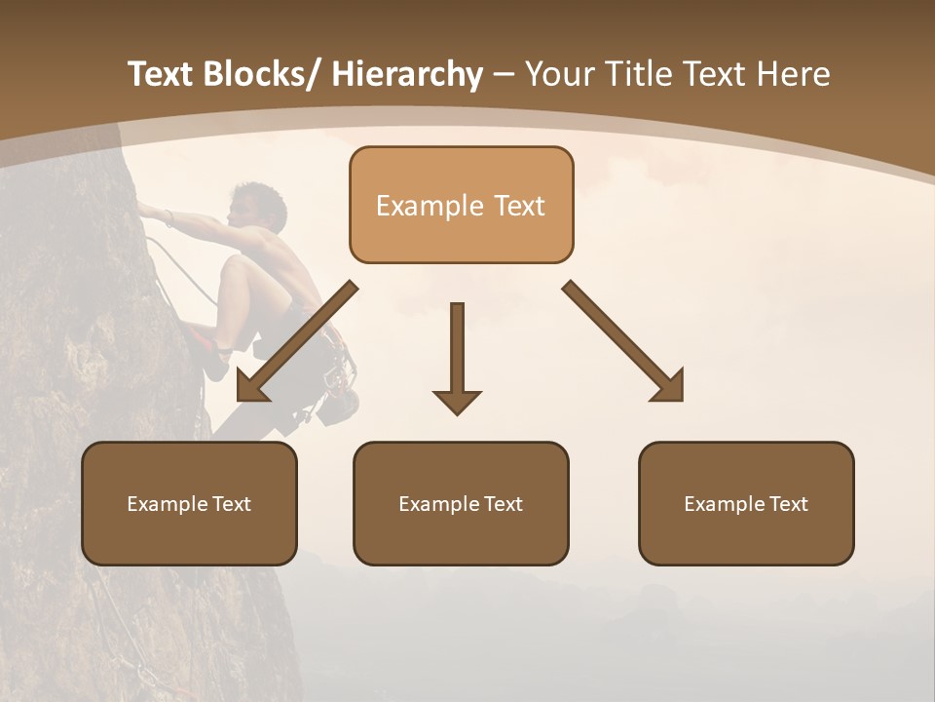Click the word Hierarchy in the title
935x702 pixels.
click(407, 74)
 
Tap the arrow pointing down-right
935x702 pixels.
click(624, 342)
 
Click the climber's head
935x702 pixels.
click(259, 205)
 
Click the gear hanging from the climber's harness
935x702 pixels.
click(337, 390)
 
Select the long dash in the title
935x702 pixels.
click(504, 74)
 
